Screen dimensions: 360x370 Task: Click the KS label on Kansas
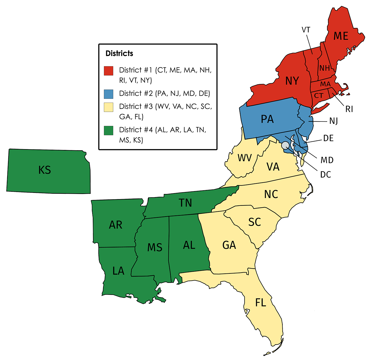tap(45, 170)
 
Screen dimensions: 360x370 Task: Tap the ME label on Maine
tap(341, 36)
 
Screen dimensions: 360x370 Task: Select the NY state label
tap(292, 81)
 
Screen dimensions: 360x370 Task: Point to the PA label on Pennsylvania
tap(267, 119)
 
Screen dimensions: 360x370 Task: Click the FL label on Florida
tap(260, 303)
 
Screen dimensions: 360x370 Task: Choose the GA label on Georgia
tap(229, 245)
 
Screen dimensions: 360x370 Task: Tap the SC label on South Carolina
tap(254, 222)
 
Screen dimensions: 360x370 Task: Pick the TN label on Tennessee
tap(185, 203)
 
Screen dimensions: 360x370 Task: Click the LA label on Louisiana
tap(118, 271)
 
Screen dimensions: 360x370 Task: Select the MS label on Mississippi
tap(155, 247)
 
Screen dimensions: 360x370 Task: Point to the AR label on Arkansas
tap(116, 225)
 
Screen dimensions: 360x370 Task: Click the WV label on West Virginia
tap(245, 158)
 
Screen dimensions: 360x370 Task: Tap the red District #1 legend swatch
tap(108, 71)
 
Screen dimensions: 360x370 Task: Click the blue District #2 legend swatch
tap(108, 94)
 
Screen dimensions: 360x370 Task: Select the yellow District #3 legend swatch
tap(108, 107)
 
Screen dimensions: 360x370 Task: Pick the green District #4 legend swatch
tap(108, 130)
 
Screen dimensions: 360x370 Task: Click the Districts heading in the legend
tap(119, 53)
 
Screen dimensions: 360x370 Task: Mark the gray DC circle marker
tap(285, 145)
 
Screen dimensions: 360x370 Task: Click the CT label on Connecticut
tap(319, 96)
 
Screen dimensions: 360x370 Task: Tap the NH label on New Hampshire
tap(324, 68)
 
